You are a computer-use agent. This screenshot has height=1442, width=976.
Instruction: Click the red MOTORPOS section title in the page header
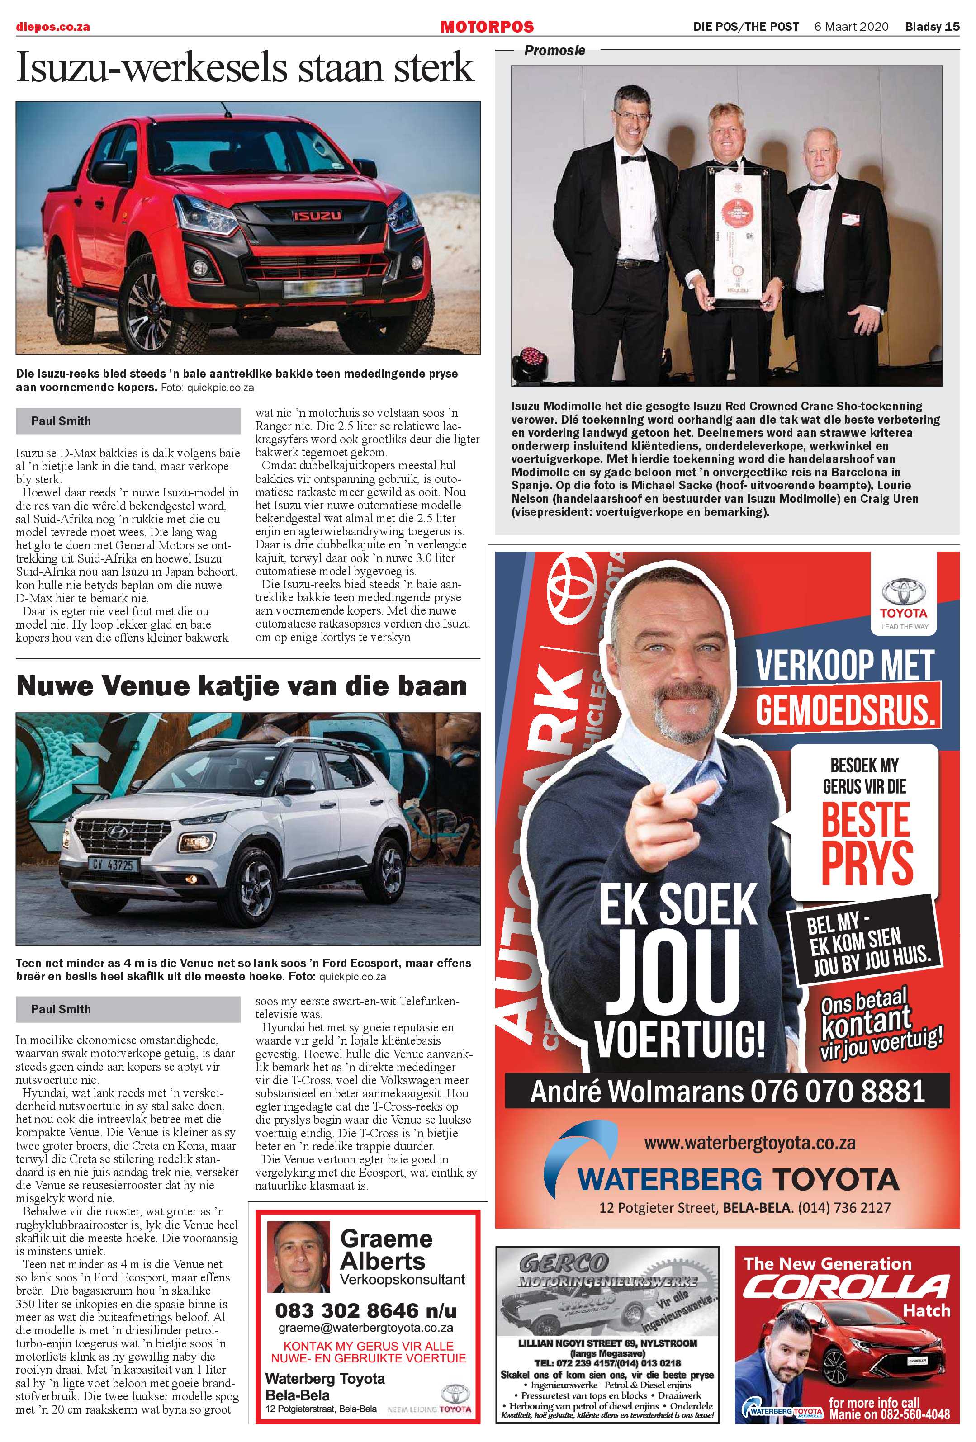pyautogui.click(x=487, y=27)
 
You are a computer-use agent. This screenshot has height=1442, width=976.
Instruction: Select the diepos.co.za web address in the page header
pyautogui.click(x=53, y=27)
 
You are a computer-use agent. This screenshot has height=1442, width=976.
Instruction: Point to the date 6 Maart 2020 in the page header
pyautogui.click(x=851, y=27)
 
